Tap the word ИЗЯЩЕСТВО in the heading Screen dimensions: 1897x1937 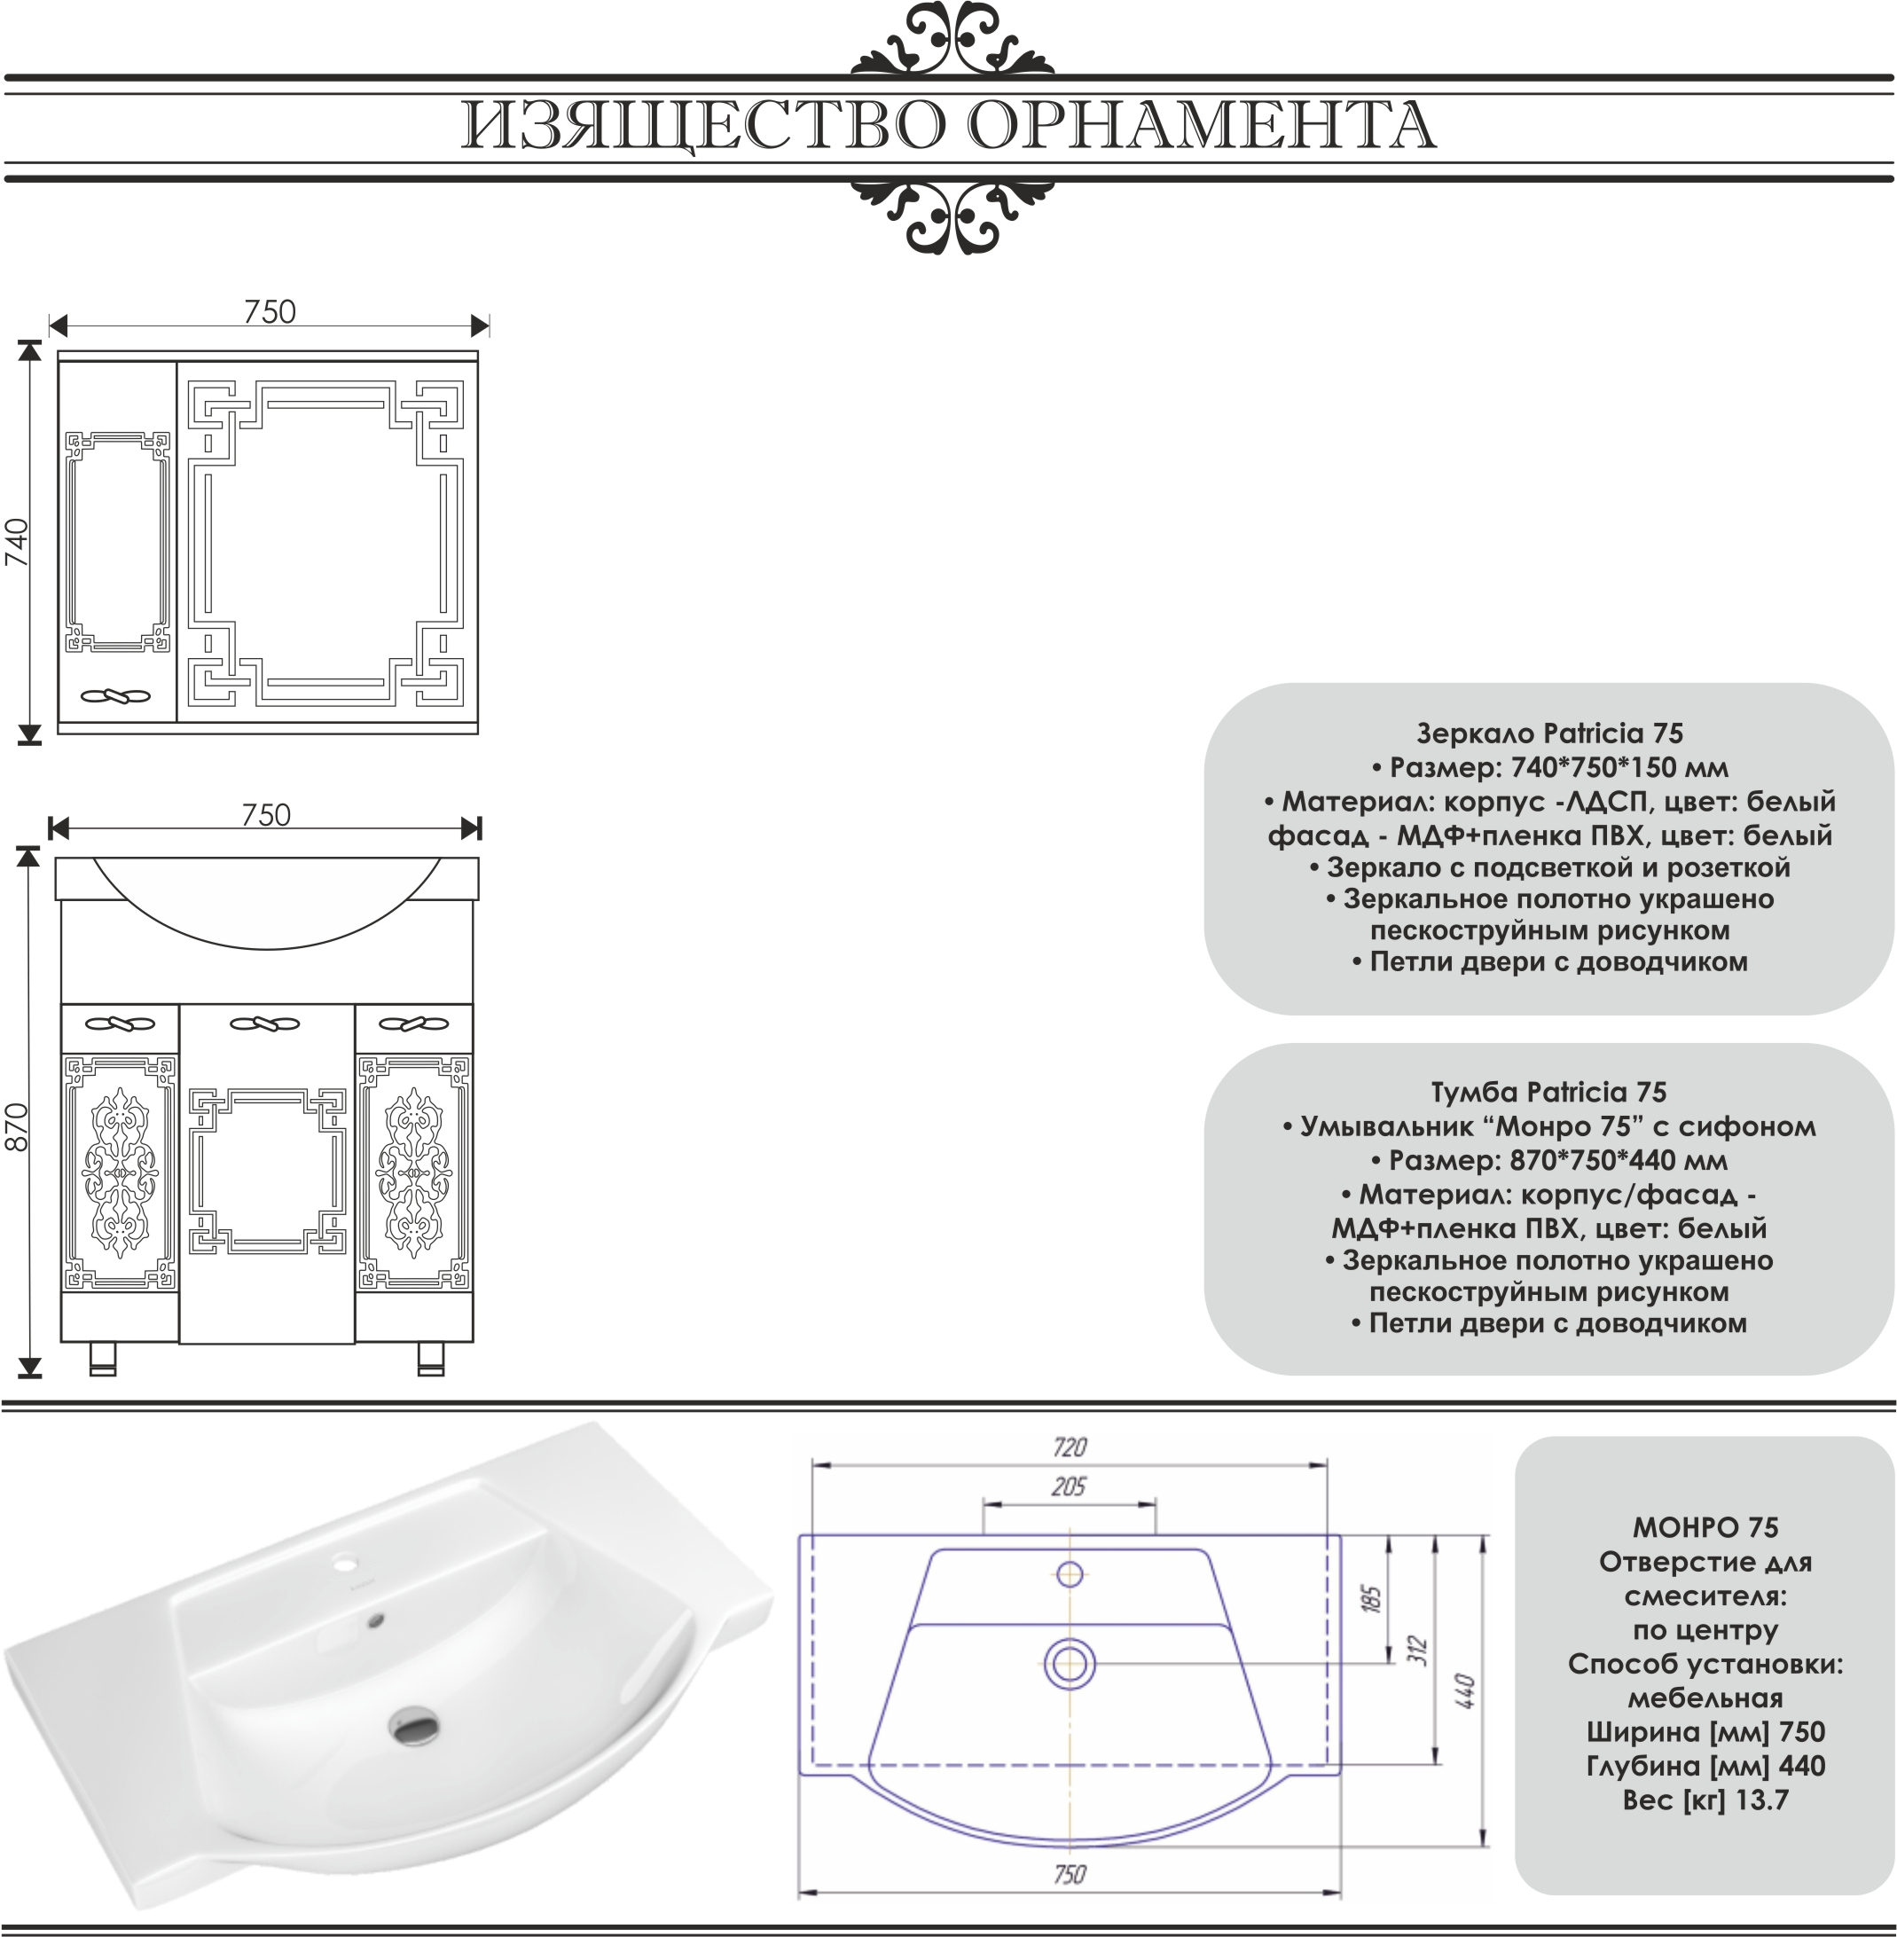702,127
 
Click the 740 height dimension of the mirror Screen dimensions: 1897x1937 18,543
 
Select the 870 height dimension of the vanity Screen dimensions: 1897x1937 18,1126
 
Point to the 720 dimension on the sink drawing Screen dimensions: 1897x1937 1069,1447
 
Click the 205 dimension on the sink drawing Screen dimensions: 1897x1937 1068,1486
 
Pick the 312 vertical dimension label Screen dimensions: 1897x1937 1420,1651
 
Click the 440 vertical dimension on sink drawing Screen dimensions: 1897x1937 1464,1690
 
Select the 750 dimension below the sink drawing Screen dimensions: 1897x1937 1069,1874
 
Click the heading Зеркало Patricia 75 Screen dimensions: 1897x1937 1549,733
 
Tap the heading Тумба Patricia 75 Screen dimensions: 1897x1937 1549,1092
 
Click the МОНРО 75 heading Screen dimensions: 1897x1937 1705,1527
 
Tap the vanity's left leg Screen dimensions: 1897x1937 103,1358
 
